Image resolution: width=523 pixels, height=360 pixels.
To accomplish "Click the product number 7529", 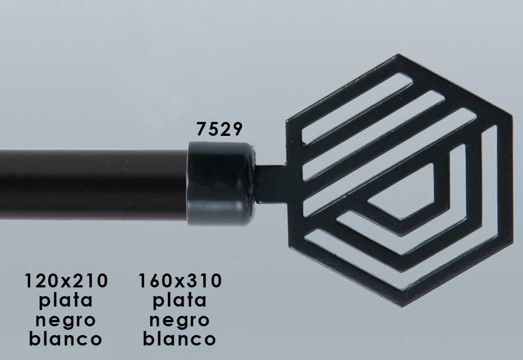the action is [219, 129].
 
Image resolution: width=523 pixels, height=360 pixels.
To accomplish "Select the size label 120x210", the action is [66, 280].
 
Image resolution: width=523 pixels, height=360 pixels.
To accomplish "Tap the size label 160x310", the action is [180, 280].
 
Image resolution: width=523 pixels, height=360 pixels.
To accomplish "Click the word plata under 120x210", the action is [66, 301].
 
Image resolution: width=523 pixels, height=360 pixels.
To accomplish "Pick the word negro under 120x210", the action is [65, 321].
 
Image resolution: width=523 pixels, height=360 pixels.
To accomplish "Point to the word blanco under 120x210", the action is [65, 339].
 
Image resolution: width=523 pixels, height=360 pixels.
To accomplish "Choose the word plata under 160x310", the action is [180, 301].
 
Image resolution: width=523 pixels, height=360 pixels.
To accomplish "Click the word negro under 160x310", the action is [179, 321].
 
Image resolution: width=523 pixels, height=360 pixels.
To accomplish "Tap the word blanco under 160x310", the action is [179, 339].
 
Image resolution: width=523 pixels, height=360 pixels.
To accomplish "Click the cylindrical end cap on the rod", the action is [221, 184].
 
